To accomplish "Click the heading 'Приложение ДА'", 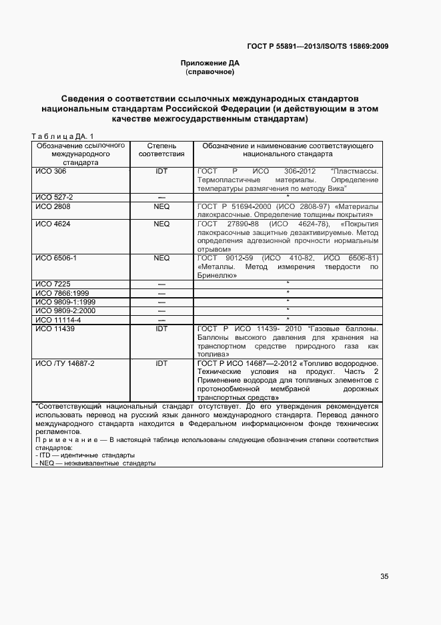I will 210,63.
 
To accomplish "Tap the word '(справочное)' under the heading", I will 210,71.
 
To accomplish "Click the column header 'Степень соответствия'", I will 161,150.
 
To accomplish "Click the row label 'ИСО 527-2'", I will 54,198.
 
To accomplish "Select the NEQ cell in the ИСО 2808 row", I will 161,206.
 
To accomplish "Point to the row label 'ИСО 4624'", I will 53,224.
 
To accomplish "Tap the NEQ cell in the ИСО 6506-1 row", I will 161,258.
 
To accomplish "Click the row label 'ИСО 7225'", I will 53,284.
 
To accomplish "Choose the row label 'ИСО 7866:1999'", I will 62,292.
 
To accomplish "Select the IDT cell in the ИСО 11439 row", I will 161,329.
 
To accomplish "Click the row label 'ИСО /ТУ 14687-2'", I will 65,363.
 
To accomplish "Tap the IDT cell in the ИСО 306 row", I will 161,172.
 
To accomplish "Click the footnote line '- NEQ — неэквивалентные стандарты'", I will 94,463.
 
